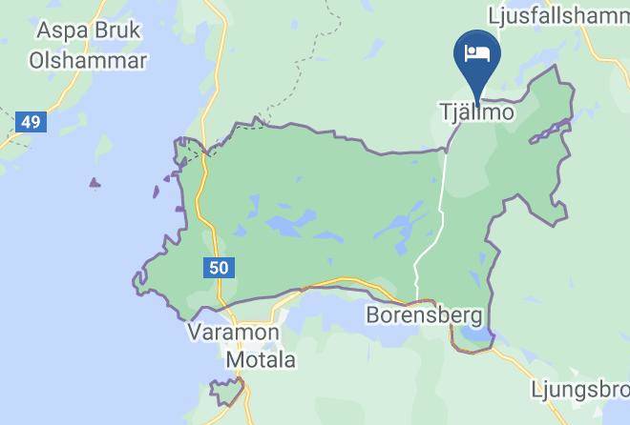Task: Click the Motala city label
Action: (x=261, y=360)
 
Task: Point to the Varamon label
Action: (x=234, y=334)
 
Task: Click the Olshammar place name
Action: (x=88, y=60)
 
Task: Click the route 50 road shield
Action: (x=219, y=268)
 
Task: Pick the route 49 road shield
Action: (x=31, y=122)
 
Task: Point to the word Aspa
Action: (x=56, y=30)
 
